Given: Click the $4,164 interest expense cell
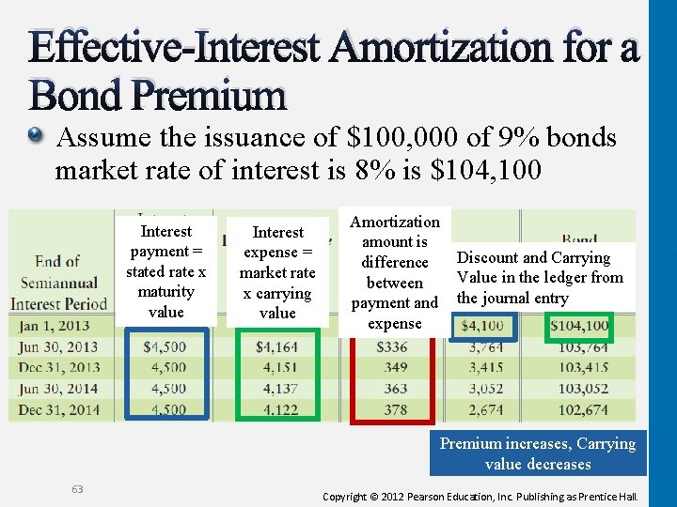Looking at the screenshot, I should [276, 347].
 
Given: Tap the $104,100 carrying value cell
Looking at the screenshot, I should [579, 327].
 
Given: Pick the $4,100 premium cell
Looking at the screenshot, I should [482, 327].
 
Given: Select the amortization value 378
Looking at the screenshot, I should [395, 409].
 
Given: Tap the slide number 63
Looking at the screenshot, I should [77, 488].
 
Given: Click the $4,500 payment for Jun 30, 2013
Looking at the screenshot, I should [165, 347].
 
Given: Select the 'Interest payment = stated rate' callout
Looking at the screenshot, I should [165, 271].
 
